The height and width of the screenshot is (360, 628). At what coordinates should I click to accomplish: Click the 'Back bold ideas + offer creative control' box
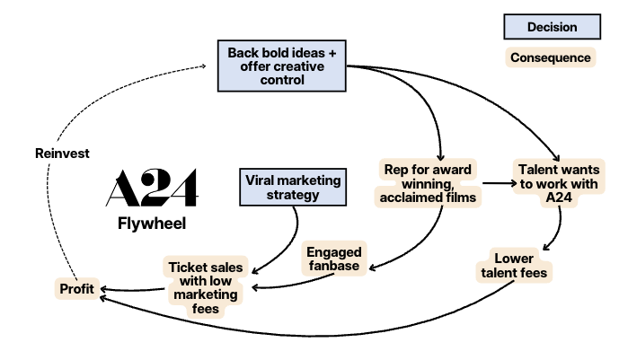(282, 66)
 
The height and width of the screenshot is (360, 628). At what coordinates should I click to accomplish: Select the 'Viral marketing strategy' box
(293, 188)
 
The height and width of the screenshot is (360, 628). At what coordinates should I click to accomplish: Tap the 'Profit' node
(76, 289)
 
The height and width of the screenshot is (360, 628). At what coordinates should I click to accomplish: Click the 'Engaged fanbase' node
(333, 258)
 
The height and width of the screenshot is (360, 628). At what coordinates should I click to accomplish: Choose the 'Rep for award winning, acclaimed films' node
(428, 184)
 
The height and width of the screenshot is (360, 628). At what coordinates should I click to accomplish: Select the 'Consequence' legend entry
(551, 58)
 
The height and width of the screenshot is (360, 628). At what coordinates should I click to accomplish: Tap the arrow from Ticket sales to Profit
(129, 289)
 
